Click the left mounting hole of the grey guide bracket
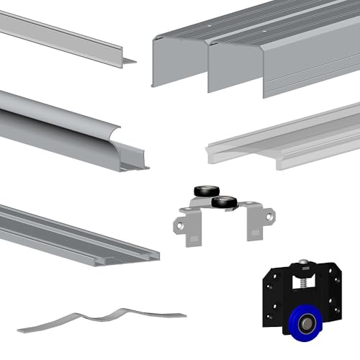point(177,225)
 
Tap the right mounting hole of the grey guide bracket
point(269,215)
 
